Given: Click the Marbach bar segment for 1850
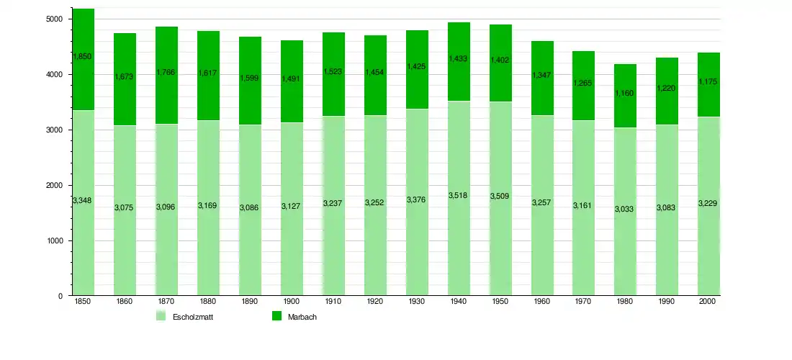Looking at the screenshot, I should click(83, 79).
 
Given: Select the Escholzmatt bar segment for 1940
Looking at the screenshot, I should click(459, 238).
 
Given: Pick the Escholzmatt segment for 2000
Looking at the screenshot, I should click(709, 238).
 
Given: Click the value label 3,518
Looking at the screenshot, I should click(459, 195).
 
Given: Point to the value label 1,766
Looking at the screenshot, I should click(166, 72).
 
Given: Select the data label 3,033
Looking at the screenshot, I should click(626, 209).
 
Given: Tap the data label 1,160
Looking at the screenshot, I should click(626, 93).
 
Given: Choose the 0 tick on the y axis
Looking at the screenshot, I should click(60, 296).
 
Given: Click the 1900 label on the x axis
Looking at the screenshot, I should click(292, 302).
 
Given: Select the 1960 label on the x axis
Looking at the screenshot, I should click(542, 302).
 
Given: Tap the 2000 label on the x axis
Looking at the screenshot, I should click(709, 302).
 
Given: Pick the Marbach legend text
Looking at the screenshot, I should click(302, 317).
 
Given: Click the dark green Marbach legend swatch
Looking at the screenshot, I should click(276, 316).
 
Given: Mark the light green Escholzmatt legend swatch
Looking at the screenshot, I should click(161, 316).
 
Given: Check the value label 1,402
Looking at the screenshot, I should click(500, 60).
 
